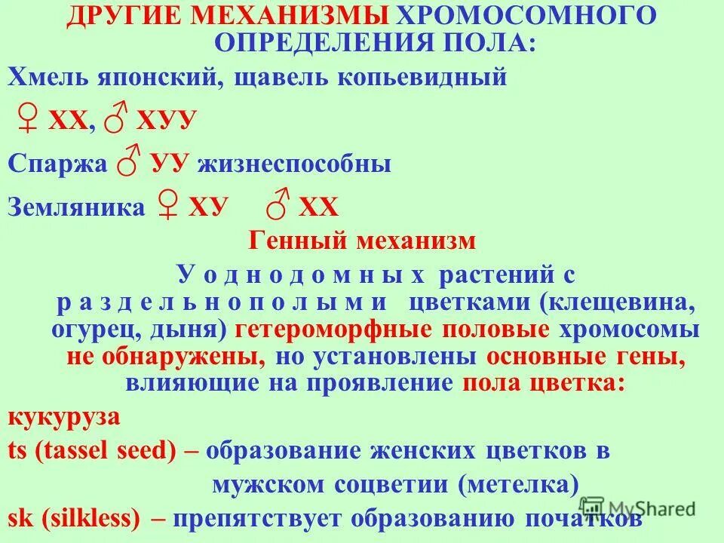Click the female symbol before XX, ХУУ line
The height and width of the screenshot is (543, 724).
coord(29,121)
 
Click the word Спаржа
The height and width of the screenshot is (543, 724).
coord(57,164)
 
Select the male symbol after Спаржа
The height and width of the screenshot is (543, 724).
coord(132,163)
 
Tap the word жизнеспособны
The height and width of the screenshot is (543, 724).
coord(294,164)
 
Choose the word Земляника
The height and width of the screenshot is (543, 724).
coord(75,207)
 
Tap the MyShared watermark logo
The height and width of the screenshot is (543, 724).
coord(641,508)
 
